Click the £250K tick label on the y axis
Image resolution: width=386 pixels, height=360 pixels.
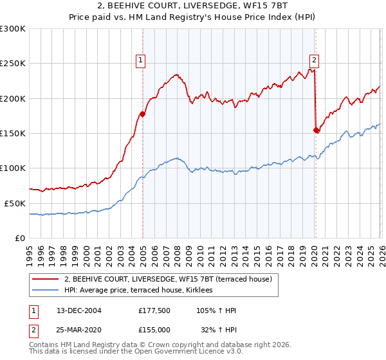[13, 64]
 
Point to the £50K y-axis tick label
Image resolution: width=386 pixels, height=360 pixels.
[15, 203]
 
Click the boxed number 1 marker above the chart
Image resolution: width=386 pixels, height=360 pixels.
[140, 60]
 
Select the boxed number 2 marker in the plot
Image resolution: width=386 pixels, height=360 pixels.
[314, 60]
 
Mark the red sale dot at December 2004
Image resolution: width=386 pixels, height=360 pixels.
[142, 114]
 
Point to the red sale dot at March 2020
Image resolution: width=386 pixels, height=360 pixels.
[316, 130]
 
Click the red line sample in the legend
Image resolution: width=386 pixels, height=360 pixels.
[46, 280]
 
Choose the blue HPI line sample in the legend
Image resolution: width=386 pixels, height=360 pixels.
[46, 291]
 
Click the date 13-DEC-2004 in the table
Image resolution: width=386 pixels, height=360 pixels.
[79, 311]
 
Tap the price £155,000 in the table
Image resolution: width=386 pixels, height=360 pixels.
[154, 329]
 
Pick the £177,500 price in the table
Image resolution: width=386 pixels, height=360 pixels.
[154, 311]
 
